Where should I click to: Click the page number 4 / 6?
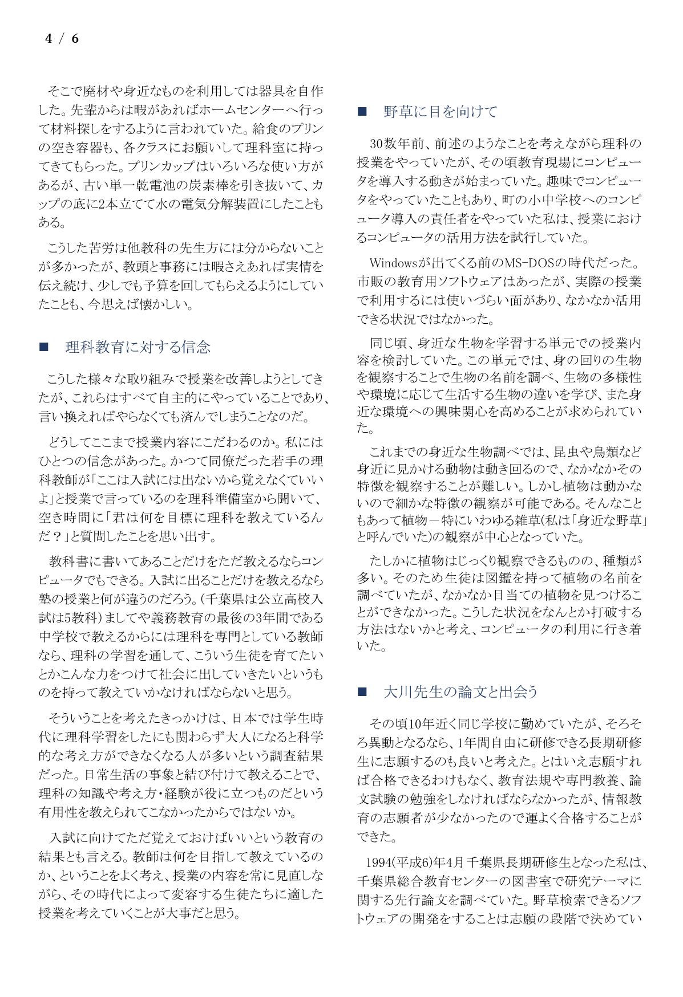(x=62, y=39)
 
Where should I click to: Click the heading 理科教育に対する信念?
(x=138, y=347)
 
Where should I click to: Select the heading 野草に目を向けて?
(x=440, y=112)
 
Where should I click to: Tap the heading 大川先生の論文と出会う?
(x=460, y=692)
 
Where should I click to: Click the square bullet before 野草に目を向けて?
(x=362, y=112)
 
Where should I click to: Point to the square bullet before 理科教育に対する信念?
(x=43, y=347)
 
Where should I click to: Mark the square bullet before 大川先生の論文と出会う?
(x=362, y=692)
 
